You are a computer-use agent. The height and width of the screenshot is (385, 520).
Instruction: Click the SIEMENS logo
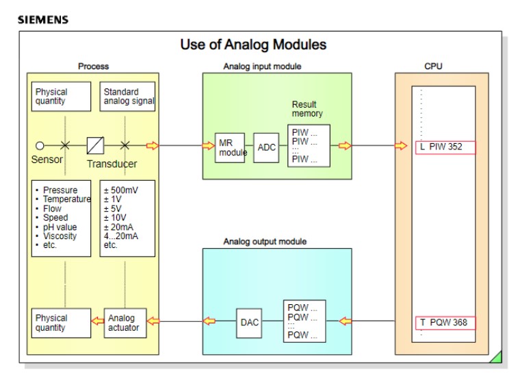click(x=43, y=20)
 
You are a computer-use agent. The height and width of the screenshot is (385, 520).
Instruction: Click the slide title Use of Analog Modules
click(x=253, y=45)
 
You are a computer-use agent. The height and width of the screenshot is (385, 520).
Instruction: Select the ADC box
click(x=266, y=148)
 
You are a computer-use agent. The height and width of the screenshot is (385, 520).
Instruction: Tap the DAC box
click(x=250, y=322)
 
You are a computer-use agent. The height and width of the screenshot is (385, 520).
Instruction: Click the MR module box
click(x=231, y=148)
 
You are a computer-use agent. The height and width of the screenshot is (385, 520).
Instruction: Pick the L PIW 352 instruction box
click(x=445, y=147)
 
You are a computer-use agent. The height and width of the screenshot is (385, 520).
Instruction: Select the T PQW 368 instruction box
click(x=445, y=323)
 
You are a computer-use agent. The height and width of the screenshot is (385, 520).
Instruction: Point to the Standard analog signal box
click(x=127, y=97)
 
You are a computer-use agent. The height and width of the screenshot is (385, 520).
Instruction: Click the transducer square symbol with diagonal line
click(x=95, y=145)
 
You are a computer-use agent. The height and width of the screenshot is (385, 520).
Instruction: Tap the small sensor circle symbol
click(x=40, y=145)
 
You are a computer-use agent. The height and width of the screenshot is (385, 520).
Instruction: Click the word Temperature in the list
click(x=66, y=199)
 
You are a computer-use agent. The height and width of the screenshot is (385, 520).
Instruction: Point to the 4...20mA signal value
click(x=122, y=236)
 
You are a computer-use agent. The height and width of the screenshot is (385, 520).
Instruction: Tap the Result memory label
click(x=307, y=109)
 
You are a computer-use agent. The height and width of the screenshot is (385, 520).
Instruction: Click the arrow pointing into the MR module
click(x=208, y=145)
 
